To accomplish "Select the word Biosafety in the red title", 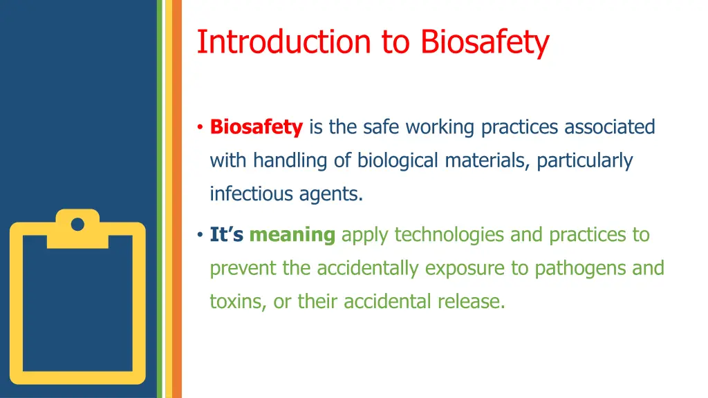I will (x=485, y=41).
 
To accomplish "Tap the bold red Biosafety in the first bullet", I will (x=257, y=127).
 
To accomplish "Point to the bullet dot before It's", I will (x=199, y=236).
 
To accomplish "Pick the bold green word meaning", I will (x=292, y=236).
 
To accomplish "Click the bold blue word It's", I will (x=227, y=235).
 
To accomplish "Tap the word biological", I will (x=398, y=161).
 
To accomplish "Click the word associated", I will (x=609, y=127).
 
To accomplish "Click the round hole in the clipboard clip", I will (x=77, y=224).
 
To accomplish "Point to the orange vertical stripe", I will (x=176, y=199).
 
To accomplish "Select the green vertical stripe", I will (x=160, y=199).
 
